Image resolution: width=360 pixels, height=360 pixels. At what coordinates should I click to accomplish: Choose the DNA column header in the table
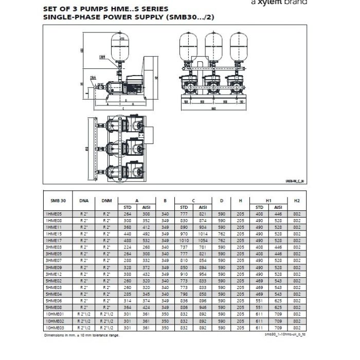click(84, 200)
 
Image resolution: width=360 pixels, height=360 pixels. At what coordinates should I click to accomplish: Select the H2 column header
click(296, 200)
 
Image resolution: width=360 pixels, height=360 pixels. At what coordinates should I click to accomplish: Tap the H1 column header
click(268, 200)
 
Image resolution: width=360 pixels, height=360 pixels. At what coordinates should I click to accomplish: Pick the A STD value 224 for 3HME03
click(128, 246)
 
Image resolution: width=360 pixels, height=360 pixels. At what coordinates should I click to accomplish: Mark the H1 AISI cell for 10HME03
click(278, 327)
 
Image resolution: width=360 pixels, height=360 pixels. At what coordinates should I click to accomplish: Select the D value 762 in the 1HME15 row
click(221, 233)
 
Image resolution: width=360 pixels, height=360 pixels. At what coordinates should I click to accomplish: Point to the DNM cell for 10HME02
click(107, 320)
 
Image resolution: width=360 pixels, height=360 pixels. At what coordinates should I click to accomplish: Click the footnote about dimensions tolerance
click(82, 335)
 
